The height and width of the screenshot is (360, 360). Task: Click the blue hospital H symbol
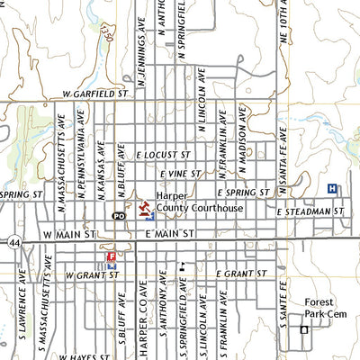[333, 188]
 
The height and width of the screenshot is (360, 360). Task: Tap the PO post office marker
[119, 216]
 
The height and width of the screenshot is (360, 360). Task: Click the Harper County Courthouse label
[199, 202]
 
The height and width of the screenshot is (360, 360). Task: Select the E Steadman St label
[310, 212]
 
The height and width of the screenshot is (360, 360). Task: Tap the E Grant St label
[242, 272]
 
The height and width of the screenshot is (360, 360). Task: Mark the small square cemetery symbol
[303, 330]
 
